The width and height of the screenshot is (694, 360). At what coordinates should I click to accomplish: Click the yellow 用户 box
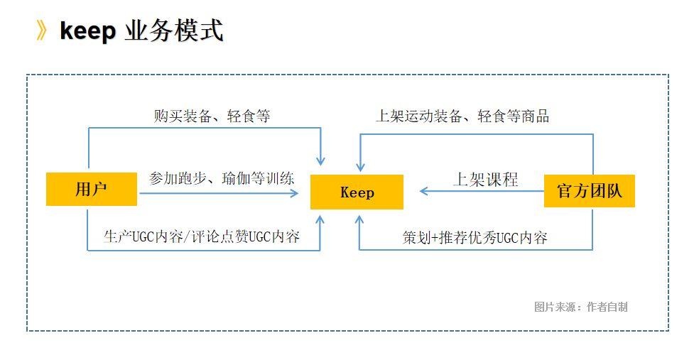point(91,189)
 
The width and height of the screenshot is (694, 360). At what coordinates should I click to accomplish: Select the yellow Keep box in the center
point(357,192)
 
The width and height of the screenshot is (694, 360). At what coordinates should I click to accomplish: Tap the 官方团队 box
point(589,191)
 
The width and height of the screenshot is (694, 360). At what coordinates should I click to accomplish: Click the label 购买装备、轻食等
point(212,116)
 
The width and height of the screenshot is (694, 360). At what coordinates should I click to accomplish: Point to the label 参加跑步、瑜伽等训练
point(222,178)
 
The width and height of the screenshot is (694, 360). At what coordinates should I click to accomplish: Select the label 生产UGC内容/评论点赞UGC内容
point(202,236)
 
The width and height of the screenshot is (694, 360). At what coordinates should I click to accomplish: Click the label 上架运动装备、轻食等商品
point(462,116)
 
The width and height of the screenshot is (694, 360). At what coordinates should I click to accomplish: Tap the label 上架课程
point(486,180)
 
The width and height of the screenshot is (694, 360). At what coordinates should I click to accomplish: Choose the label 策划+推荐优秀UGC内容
point(475,238)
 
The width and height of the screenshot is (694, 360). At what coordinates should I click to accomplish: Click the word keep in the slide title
point(87,31)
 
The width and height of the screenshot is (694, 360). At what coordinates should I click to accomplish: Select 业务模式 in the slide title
point(174,31)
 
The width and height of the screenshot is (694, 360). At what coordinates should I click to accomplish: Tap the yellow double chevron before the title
point(41,31)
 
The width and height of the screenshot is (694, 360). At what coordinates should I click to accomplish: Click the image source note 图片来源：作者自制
point(580,307)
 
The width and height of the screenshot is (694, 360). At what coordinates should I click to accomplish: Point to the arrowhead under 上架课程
point(423,192)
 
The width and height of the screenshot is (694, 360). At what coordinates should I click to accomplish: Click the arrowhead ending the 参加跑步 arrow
point(294,193)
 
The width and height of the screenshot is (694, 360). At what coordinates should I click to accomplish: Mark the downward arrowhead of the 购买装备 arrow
point(320,161)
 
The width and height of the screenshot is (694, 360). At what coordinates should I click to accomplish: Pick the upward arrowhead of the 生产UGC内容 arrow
point(320,220)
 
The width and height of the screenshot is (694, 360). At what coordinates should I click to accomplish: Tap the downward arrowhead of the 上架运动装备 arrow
point(360,167)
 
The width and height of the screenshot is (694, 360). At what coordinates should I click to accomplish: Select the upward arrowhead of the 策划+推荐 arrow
point(359,220)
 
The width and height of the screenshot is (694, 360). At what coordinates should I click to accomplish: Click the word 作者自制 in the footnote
point(607,307)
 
